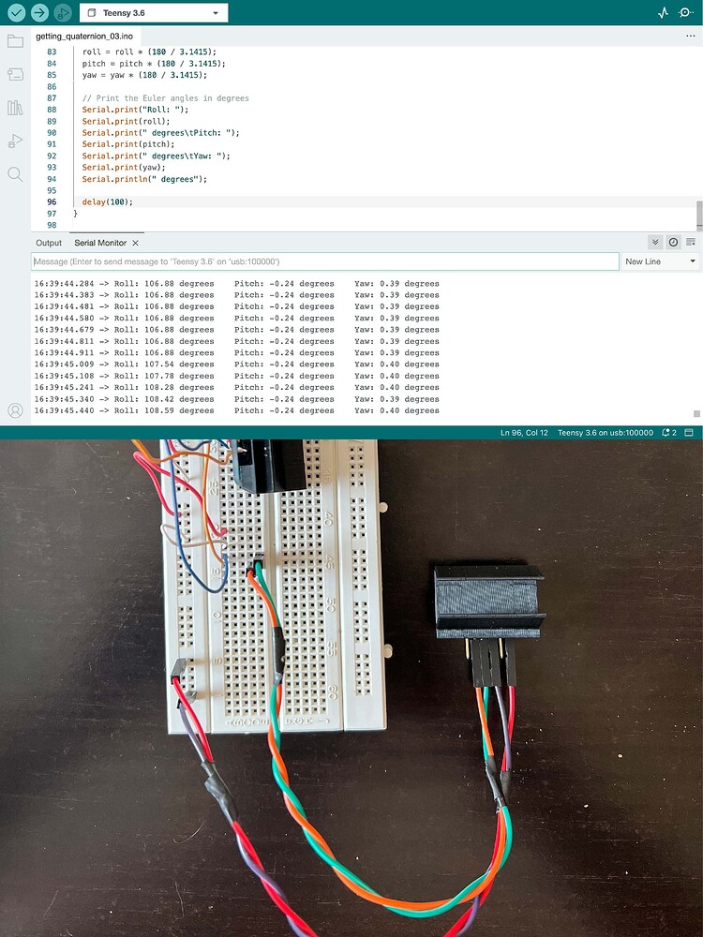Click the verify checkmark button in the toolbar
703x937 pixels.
(x=16, y=12)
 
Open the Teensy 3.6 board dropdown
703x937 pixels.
(x=154, y=12)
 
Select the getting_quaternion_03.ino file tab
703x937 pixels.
(x=84, y=37)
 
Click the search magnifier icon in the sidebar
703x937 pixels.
(x=15, y=174)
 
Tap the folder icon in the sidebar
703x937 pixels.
(x=15, y=40)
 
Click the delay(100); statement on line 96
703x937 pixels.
(x=108, y=202)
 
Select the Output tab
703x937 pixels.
(x=49, y=243)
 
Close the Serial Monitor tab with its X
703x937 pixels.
(x=135, y=243)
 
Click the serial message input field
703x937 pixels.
(x=324, y=261)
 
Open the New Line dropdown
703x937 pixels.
(x=660, y=261)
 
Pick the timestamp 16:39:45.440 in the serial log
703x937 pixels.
(x=64, y=410)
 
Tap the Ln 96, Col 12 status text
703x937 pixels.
(x=524, y=433)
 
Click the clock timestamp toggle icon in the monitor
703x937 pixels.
(x=673, y=242)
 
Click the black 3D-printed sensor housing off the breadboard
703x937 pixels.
(x=489, y=602)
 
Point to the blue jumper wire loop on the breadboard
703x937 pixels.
(x=198, y=556)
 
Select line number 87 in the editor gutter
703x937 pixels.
(x=52, y=98)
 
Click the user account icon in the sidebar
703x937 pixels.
(x=15, y=410)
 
